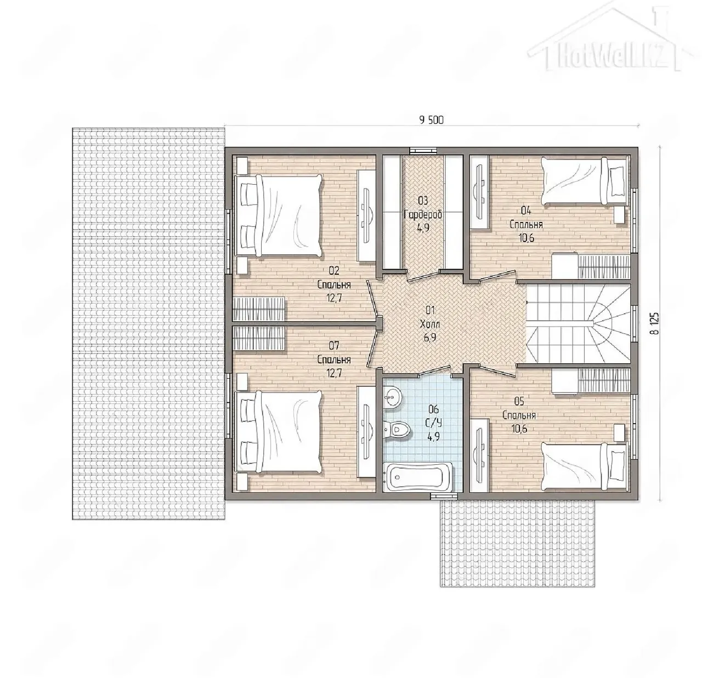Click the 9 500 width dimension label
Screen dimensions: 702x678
click(431, 120)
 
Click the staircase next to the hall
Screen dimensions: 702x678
click(578, 324)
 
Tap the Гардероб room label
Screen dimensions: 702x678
click(423, 214)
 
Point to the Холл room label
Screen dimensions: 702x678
click(430, 324)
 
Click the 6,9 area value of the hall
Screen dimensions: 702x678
click(431, 338)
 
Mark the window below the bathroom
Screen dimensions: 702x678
click(444, 496)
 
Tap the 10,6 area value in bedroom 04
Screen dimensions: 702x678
click(526, 237)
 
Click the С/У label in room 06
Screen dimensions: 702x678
click(433, 423)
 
